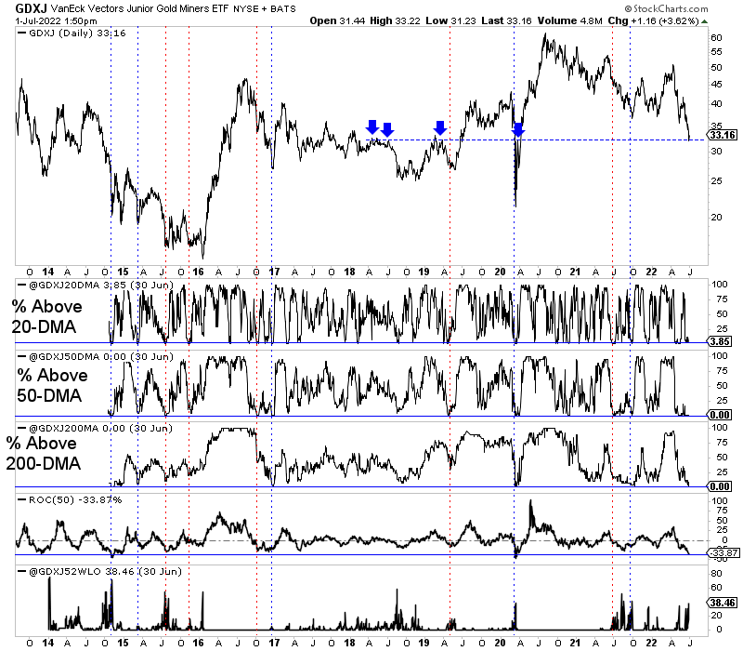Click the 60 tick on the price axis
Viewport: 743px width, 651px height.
tap(716, 38)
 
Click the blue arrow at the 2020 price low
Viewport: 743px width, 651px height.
tap(518, 129)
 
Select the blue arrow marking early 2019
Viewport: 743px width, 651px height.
tap(440, 127)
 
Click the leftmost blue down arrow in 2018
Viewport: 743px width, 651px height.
tap(372, 127)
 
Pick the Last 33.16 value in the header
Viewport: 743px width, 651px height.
tap(514, 20)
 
